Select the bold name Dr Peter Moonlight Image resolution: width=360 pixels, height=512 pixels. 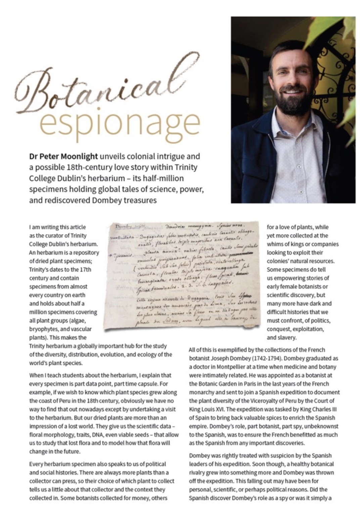[63, 156]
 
